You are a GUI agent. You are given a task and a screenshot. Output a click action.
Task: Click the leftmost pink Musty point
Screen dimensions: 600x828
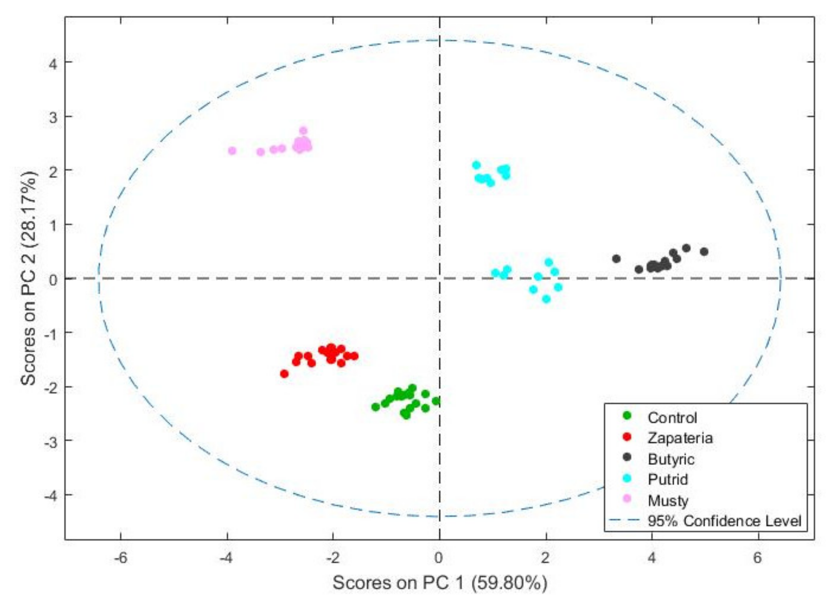pyautogui.click(x=232, y=151)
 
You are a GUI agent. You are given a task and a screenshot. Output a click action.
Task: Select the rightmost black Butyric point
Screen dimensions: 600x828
pyautogui.click(x=704, y=252)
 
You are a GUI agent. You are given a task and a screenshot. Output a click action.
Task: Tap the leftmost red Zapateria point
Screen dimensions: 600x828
pyautogui.click(x=284, y=374)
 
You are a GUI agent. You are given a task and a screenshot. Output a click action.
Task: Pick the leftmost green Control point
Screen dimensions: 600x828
pyautogui.click(x=375, y=407)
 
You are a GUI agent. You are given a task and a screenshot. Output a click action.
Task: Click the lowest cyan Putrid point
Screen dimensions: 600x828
pyautogui.click(x=546, y=299)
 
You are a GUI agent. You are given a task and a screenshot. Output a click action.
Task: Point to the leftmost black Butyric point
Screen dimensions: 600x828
pyautogui.click(x=616, y=259)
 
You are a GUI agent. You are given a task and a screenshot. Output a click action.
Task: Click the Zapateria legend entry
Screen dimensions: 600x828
pyautogui.click(x=680, y=438)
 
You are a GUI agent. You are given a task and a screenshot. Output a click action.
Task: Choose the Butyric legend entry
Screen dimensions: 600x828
pyautogui.click(x=671, y=459)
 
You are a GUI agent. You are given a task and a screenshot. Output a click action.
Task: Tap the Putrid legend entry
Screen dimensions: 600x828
pyautogui.click(x=668, y=479)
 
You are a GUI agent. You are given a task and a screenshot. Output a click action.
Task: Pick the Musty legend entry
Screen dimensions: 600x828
pyautogui.click(x=668, y=500)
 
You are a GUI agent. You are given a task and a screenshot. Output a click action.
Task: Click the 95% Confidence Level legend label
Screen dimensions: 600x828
pyautogui.click(x=724, y=521)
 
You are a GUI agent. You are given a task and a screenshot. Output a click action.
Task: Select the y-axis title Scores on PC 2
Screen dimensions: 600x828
pyautogui.click(x=29, y=278)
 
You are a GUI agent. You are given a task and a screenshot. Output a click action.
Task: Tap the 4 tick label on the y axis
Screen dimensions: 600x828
pyautogui.click(x=53, y=62)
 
